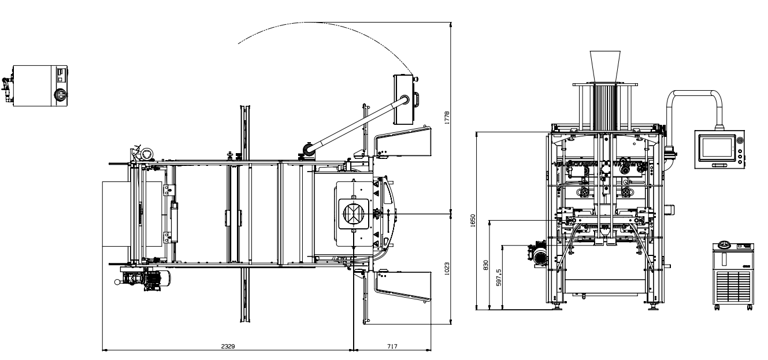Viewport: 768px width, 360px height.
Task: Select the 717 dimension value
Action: pyautogui.click(x=392, y=346)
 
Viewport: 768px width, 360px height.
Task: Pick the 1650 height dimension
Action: pyautogui.click(x=472, y=220)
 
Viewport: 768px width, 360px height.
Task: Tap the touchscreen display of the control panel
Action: pyautogui.click(x=716, y=149)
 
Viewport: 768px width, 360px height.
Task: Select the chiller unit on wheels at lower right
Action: pyautogui.click(x=733, y=276)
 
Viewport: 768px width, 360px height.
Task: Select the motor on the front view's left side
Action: pyautogui.click(x=540, y=255)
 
